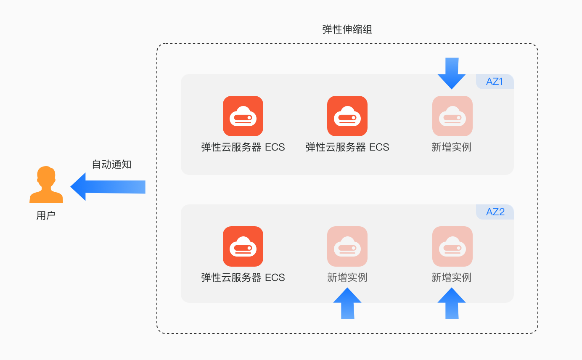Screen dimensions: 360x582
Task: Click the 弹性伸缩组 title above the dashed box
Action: pyautogui.click(x=347, y=29)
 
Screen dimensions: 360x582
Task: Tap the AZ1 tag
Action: pyautogui.click(x=495, y=82)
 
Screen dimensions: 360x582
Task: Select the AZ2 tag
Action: pyautogui.click(x=495, y=212)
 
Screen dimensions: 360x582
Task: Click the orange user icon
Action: pyautogui.click(x=46, y=185)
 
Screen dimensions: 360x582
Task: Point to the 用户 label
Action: pyautogui.click(x=46, y=216)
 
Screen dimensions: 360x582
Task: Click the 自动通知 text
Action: pyautogui.click(x=111, y=164)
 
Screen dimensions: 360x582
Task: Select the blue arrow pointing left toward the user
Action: pyautogui.click(x=108, y=187)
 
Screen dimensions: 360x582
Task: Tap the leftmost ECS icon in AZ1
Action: pyautogui.click(x=243, y=116)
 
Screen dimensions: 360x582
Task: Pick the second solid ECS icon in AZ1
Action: pyautogui.click(x=347, y=116)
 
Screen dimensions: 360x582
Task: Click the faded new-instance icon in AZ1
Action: pyautogui.click(x=452, y=116)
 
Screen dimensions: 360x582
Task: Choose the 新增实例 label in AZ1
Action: pyautogui.click(x=452, y=147)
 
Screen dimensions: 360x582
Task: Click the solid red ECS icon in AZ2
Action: pyautogui.click(x=243, y=246)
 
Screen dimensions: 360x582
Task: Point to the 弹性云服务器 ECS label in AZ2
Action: pyautogui.click(x=243, y=278)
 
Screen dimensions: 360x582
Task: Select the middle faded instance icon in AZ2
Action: pyautogui.click(x=347, y=246)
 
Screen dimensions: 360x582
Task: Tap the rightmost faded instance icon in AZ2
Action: pyautogui.click(x=452, y=246)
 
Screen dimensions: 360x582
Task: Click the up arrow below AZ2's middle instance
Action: pyautogui.click(x=347, y=303)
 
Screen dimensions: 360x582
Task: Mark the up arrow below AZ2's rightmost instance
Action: pyautogui.click(x=452, y=303)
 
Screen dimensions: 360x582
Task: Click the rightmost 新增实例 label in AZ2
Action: pyautogui.click(x=452, y=278)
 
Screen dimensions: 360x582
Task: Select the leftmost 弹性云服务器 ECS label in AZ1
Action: pyautogui.click(x=243, y=147)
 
